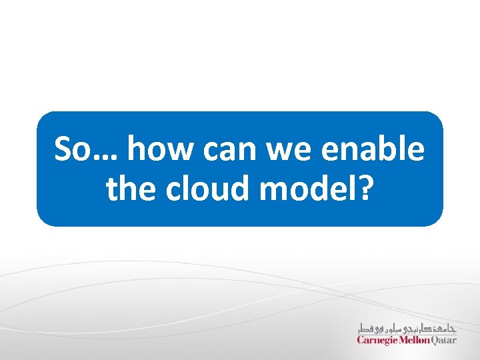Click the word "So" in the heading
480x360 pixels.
(x=71, y=149)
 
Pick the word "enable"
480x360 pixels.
(x=372, y=149)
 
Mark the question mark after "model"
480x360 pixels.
(x=365, y=189)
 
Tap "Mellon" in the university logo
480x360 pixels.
(x=417, y=339)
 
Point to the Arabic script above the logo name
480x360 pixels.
(x=407, y=327)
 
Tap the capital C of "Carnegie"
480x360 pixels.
(x=361, y=339)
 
